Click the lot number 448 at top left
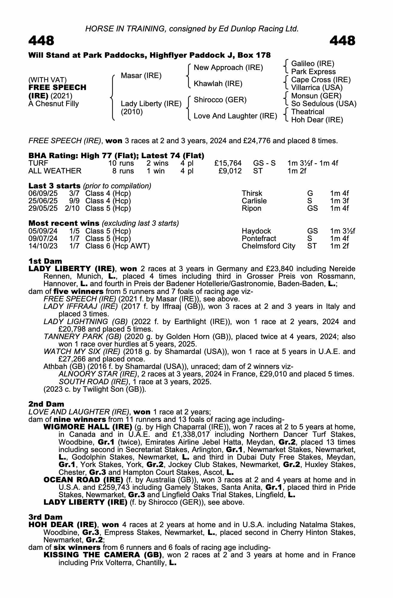click(x=41, y=41)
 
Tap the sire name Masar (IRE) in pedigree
click(x=141, y=76)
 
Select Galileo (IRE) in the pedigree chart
click(x=312, y=63)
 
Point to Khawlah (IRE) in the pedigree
click(x=218, y=84)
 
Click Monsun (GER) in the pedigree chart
click(x=316, y=96)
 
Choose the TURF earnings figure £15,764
click(x=228, y=163)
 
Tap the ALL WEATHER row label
click(x=55, y=171)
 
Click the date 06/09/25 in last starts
click(x=43, y=193)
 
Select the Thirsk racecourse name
click(x=252, y=193)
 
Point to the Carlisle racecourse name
click(x=254, y=201)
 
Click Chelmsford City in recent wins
click(x=268, y=246)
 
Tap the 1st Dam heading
click(x=45, y=261)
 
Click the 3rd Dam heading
click(x=45, y=517)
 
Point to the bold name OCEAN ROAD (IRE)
click(x=83, y=480)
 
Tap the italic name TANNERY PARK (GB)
click(x=82, y=337)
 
